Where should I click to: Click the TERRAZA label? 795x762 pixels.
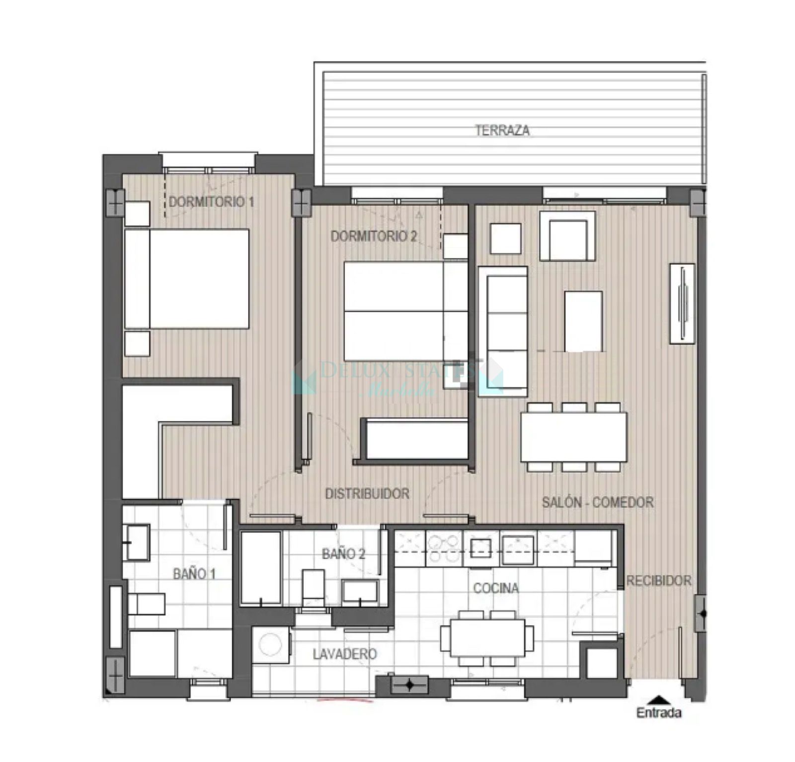(502, 131)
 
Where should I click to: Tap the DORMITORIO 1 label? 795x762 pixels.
(211, 202)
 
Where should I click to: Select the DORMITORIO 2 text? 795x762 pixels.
(374, 236)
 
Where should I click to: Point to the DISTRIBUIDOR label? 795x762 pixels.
(367, 493)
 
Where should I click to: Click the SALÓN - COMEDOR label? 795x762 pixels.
(597, 502)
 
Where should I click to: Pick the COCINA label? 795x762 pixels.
(496, 588)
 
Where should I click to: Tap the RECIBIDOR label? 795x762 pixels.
(658, 580)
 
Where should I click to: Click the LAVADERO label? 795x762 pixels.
(345, 654)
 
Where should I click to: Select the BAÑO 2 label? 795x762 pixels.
(343, 553)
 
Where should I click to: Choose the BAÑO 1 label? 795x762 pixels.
(194, 574)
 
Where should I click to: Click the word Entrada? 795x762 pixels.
(659, 713)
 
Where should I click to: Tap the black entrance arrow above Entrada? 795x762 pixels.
(658, 699)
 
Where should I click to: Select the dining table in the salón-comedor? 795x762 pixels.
(574, 437)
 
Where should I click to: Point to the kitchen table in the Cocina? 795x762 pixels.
(487, 638)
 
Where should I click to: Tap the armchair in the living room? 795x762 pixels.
(567, 235)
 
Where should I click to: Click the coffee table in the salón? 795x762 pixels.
(583, 321)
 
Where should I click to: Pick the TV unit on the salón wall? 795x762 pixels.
(682, 303)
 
